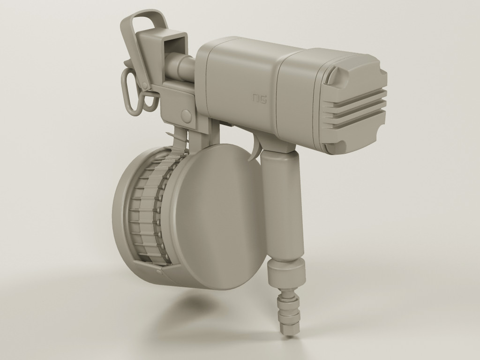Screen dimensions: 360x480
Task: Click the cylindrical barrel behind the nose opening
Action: [x=180, y=65]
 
